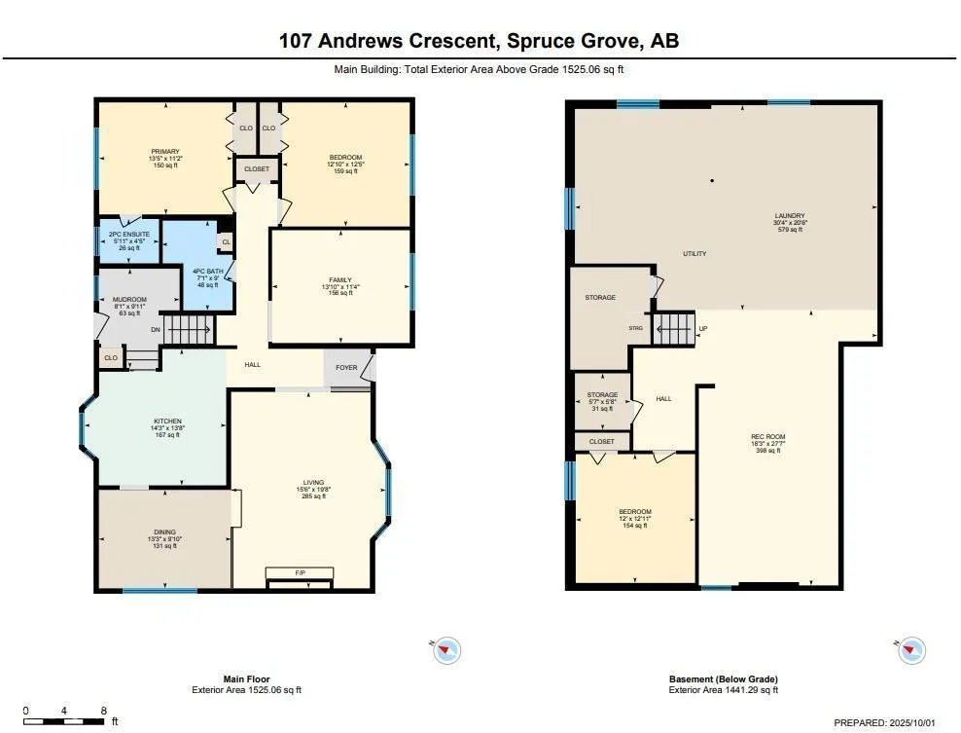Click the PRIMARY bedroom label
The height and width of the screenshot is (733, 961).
165,152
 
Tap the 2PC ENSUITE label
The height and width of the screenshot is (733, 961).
128,235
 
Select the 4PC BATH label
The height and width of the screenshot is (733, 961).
208,272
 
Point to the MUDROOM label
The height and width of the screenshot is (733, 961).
130,300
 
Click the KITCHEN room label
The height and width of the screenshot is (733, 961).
167,421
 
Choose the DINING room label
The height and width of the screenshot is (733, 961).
164,532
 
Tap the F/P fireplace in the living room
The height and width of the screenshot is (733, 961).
300,573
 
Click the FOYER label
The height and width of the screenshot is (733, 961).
346,367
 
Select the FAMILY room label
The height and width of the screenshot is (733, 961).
340,279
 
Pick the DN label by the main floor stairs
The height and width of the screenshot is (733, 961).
156,330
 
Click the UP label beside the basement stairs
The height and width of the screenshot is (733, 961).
703,329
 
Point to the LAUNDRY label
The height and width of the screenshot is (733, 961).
790,216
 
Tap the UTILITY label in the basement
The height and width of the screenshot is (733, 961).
694,253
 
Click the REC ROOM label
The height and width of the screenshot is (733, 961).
768,437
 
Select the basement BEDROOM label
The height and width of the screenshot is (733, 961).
635,512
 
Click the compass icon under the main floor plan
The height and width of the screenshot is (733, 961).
446,650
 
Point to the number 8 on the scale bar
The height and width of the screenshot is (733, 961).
103,711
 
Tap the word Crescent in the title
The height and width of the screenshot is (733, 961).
452,41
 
